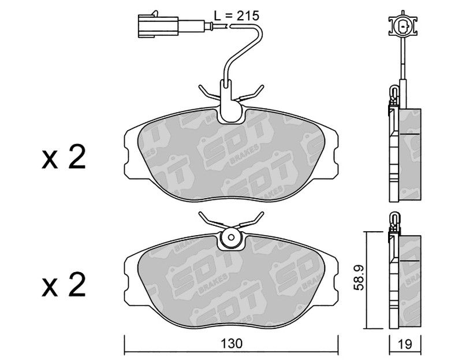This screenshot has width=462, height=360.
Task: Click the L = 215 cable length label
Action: point(236,16)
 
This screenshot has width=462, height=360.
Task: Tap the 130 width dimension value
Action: point(232,343)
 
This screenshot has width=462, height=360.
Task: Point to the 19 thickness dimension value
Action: point(405,344)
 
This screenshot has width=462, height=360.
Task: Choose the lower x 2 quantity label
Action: point(64,284)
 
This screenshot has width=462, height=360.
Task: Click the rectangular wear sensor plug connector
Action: point(158,27)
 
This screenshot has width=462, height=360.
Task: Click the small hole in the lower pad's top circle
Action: point(232,237)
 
